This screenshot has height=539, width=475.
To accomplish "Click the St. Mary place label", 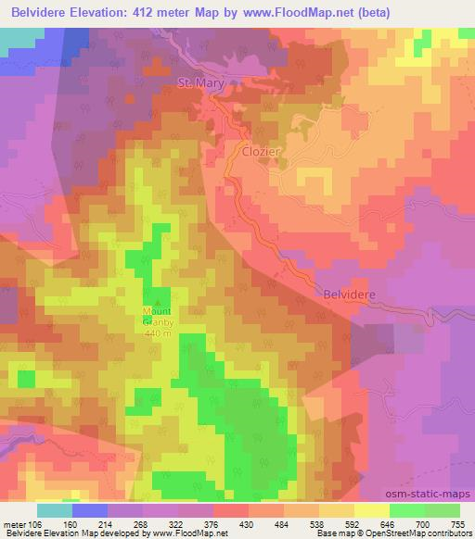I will pos(201,84).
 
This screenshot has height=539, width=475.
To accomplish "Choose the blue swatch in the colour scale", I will pos(88,510).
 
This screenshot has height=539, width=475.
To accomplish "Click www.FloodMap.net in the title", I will pos(283,13).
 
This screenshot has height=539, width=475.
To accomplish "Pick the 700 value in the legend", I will pos(407,523).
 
